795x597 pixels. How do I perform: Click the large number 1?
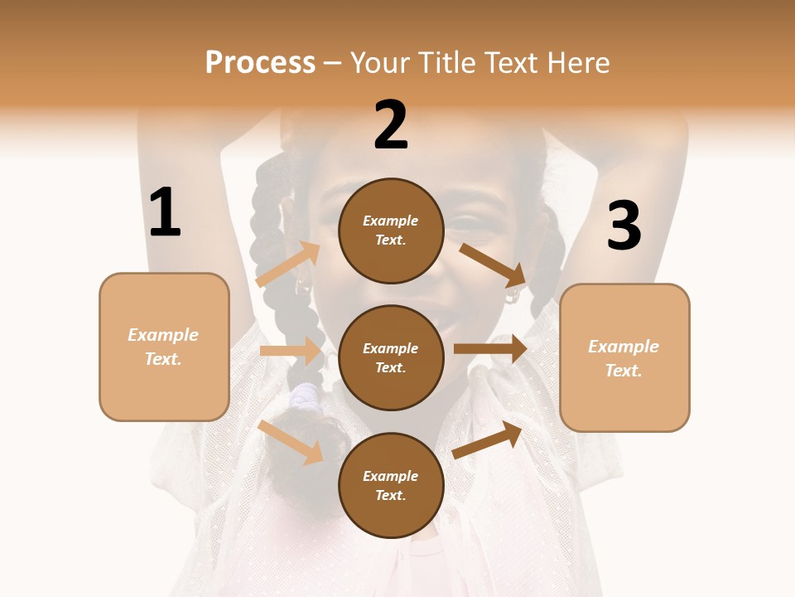pos(165,213)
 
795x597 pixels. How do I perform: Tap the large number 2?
pos(391,126)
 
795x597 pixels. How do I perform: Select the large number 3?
pos(624,226)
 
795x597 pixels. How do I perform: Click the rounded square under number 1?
pos(164,347)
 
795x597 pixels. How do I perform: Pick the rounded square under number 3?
pos(624,357)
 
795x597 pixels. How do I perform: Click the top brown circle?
pos(391,231)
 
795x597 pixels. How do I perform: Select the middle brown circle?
pos(391,357)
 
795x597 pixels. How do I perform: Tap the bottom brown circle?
pos(391,485)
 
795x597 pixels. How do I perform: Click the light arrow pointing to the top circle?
pos(288,265)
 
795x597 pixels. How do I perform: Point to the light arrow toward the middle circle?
pos(291,351)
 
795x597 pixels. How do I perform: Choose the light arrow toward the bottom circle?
pos(291,442)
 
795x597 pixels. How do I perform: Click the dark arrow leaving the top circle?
pos(493,264)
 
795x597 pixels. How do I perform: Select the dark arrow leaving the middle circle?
pos(490,349)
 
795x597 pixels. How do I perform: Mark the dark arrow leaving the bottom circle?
pos(488,439)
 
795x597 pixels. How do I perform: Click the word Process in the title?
pos(260,62)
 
